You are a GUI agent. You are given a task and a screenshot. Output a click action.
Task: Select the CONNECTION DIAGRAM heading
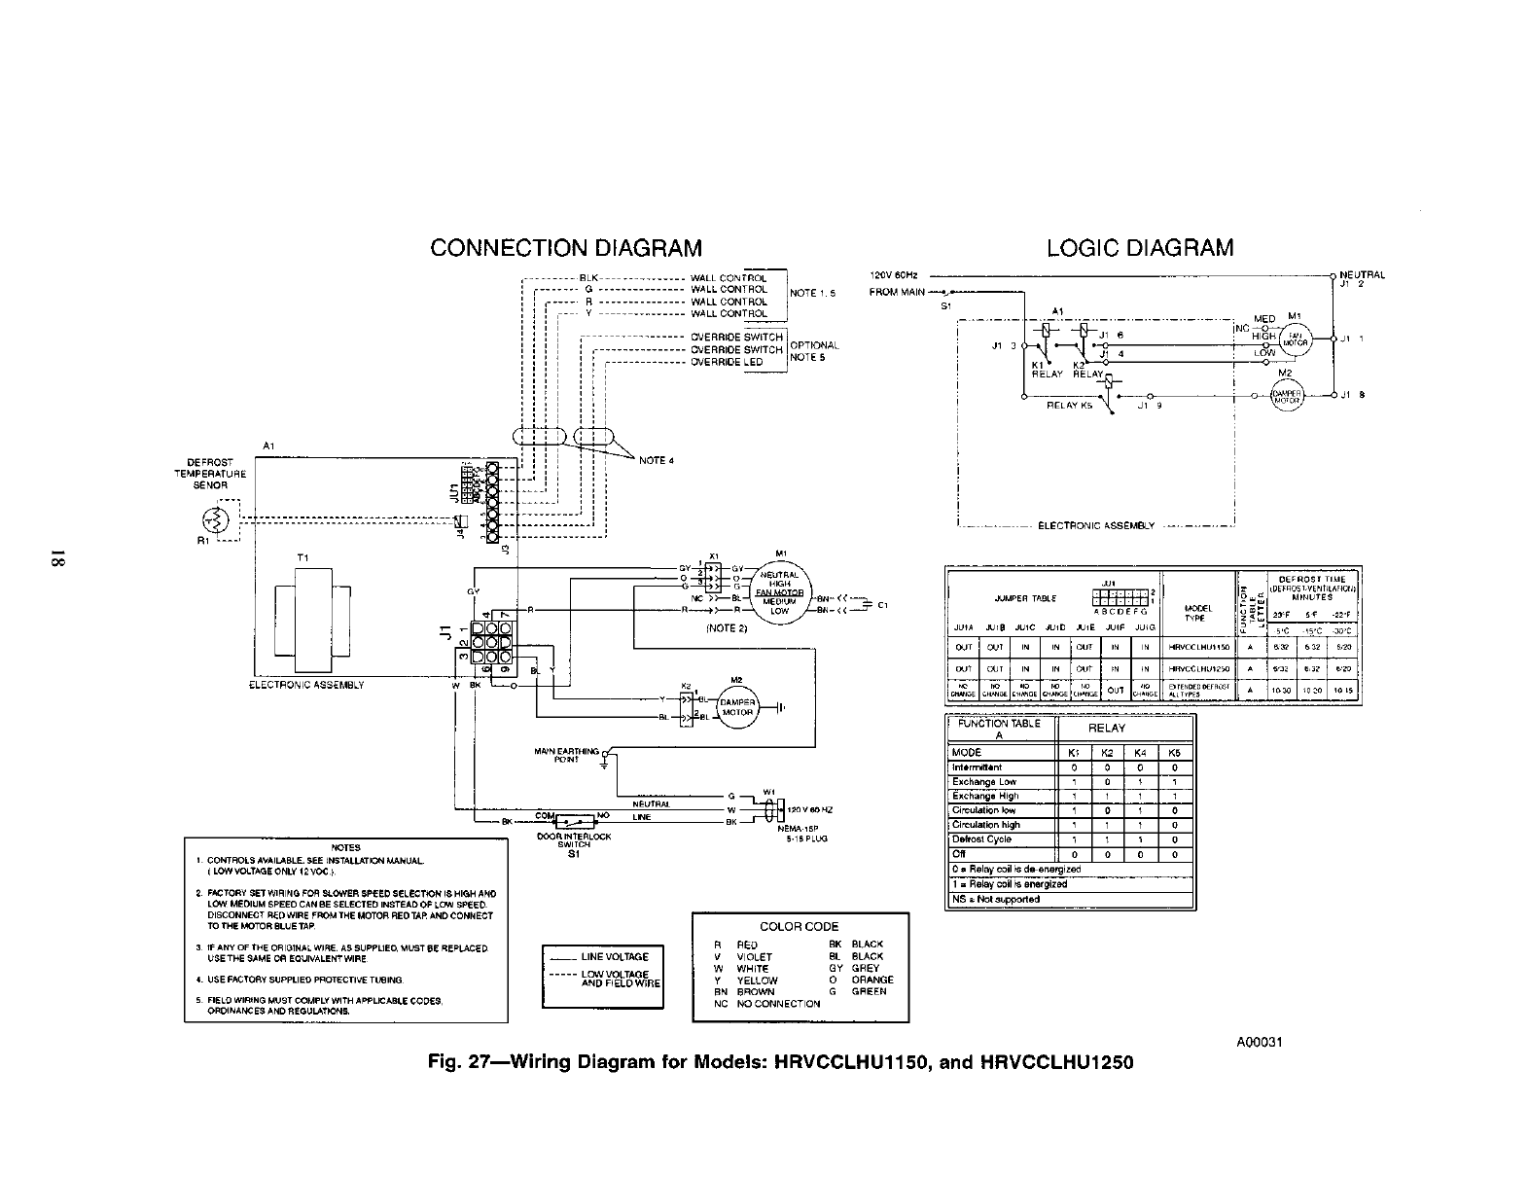(x=566, y=248)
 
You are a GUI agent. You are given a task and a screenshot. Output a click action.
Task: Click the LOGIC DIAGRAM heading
(x=1140, y=248)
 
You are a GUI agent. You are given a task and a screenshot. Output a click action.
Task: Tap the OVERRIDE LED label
(x=727, y=362)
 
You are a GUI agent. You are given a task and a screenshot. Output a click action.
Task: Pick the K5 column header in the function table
(x=1174, y=752)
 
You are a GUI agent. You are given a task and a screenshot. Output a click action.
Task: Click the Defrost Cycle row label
(x=982, y=838)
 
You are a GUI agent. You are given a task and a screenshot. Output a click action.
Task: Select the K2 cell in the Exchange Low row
(x=1106, y=781)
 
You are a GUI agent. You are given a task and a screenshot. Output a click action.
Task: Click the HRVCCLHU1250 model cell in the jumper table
(x=1198, y=668)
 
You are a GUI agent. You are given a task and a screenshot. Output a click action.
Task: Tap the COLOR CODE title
(x=800, y=926)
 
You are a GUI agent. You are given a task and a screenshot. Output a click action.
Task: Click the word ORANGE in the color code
(x=872, y=980)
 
